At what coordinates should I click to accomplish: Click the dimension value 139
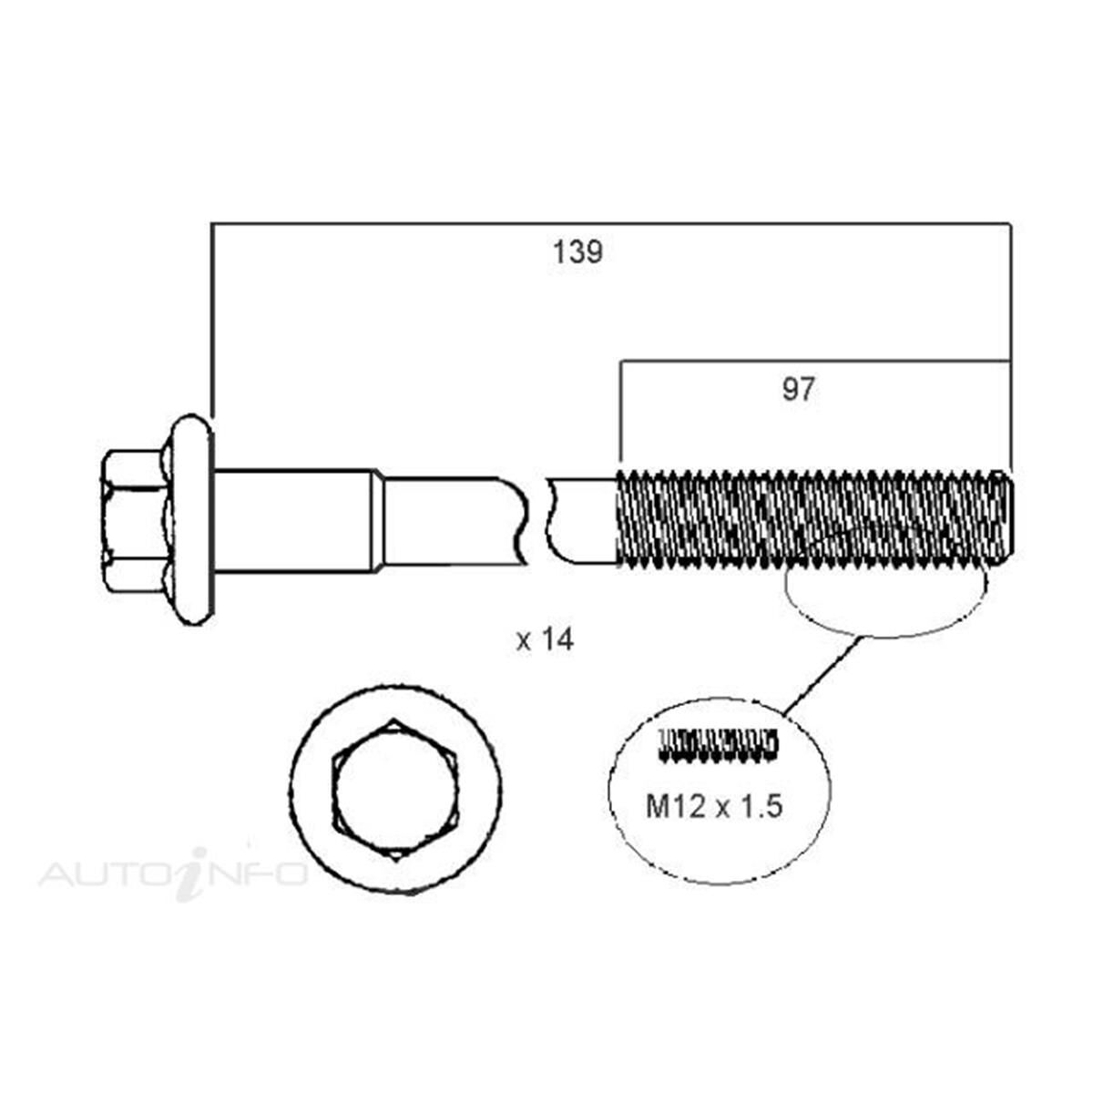point(577,252)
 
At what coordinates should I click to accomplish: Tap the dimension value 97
point(798,390)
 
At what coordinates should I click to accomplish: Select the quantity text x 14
point(545,640)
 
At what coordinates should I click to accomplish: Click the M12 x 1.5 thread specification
point(714,805)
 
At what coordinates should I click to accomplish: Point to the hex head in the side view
point(134,520)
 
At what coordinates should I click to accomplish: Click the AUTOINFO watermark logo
point(173,873)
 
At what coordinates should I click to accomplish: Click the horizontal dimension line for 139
point(610,222)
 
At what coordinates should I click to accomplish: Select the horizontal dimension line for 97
point(815,361)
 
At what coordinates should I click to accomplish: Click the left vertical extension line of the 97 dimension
point(620,414)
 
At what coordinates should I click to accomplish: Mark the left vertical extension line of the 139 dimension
point(211,319)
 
